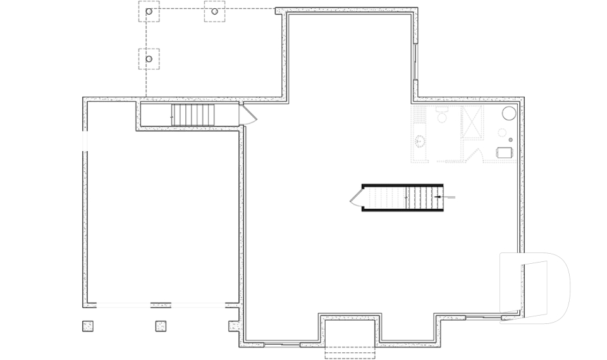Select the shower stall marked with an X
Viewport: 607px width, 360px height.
[x=472, y=121]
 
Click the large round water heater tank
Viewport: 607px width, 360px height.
[x=509, y=113]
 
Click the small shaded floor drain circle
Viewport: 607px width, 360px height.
[x=502, y=133]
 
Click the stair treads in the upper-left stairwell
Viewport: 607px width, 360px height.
[x=193, y=115]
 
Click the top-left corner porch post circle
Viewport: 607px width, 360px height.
[x=149, y=11]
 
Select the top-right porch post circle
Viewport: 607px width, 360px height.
[x=214, y=11]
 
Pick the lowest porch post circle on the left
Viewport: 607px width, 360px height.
[x=149, y=59]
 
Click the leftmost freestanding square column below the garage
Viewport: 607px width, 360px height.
[x=87, y=326]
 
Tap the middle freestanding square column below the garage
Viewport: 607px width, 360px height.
[x=161, y=326]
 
